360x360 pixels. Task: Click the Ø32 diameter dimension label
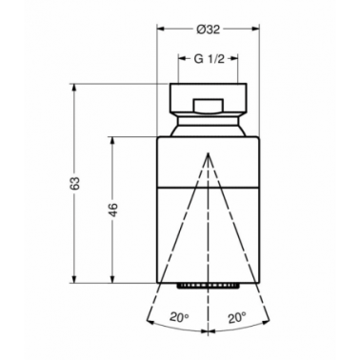coord(208,30)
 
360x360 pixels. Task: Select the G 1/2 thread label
coord(209,59)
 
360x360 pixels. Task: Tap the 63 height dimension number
coord(75,184)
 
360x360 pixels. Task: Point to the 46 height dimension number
coord(113,210)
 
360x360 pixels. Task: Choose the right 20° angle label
coord(237,317)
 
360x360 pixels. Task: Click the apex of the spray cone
coord(209,153)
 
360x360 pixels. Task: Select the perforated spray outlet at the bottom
coord(209,286)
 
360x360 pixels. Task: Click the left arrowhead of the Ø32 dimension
coord(161,30)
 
